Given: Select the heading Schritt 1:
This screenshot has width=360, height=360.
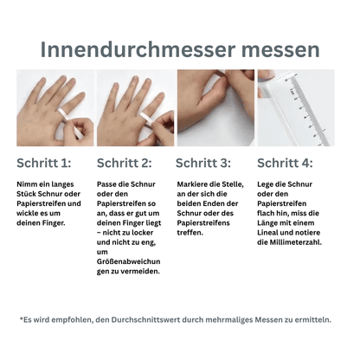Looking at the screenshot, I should (x=43, y=162).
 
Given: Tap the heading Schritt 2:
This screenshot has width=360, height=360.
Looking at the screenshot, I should (x=124, y=162).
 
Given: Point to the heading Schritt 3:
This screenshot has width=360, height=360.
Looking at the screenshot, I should (x=203, y=162).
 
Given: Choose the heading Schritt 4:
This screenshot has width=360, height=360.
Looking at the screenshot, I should (x=285, y=162).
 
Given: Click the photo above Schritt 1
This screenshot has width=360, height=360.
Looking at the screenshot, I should (x=54, y=108).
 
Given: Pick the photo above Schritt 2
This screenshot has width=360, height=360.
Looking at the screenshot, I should (x=133, y=108).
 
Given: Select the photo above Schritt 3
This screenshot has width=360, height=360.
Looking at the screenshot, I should (x=215, y=108).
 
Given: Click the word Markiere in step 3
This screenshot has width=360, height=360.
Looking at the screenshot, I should (x=196, y=183).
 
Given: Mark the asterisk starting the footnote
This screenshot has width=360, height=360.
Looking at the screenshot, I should (x=22, y=319).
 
